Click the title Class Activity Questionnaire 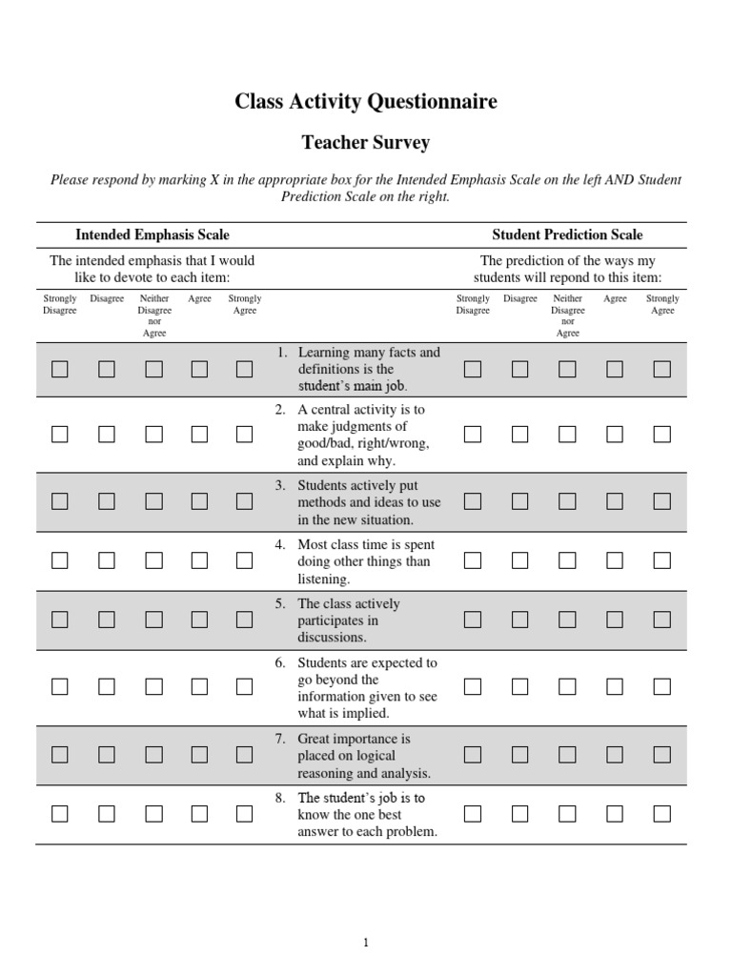pyautogui.click(x=366, y=102)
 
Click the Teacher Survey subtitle pyautogui.click(x=366, y=143)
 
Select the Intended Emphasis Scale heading pyautogui.click(x=152, y=234)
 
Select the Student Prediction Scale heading pyautogui.click(x=567, y=234)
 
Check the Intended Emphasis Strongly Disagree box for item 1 pyautogui.click(x=60, y=370)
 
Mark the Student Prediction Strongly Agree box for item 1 pyautogui.click(x=661, y=370)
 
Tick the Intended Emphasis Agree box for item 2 pyautogui.click(x=199, y=435)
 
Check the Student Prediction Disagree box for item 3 pyautogui.click(x=519, y=501)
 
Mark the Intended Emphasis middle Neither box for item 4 pyautogui.click(x=153, y=561)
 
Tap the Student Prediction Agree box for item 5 pyautogui.click(x=615, y=620)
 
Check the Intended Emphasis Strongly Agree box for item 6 pyautogui.click(x=244, y=687)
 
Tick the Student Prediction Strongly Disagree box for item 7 pyautogui.click(x=473, y=755)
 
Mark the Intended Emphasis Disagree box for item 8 pyautogui.click(x=107, y=814)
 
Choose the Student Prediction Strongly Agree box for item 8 pyautogui.click(x=661, y=814)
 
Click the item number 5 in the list pyautogui.click(x=280, y=604)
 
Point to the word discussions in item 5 pyautogui.click(x=332, y=638)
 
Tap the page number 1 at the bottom pyautogui.click(x=366, y=944)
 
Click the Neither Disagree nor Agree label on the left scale pyautogui.click(x=154, y=315)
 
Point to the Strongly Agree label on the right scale pyautogui.click(x=662, y=304)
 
